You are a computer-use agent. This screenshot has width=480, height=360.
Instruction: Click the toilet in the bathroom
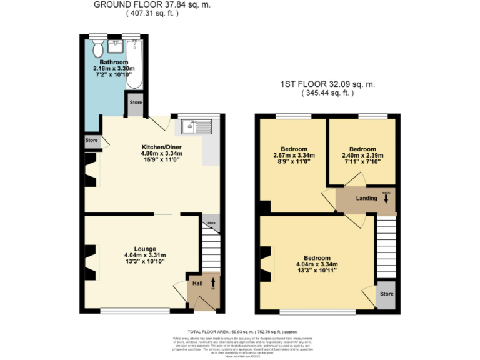97,48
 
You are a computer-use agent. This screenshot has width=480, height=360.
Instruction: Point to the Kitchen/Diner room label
161,147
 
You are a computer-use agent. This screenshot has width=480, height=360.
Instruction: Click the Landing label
366,199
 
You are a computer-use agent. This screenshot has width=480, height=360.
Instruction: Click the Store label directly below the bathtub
136,102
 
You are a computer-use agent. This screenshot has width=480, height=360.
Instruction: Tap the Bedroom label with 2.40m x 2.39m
362,149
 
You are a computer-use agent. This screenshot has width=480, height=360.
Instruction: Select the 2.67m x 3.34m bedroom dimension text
294,156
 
